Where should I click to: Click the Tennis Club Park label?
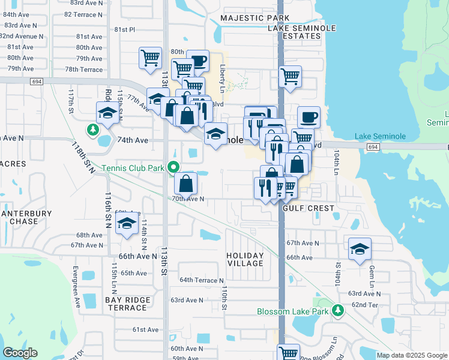(x=132, y=169)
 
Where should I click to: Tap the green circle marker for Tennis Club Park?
(x=173, y=167)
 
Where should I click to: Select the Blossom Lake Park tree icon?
(x=339, y=311)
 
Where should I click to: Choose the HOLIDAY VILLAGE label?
(x=245, y=259)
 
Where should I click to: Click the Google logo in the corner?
(x=20, y=353)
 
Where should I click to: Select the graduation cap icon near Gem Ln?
(x=360, y=248)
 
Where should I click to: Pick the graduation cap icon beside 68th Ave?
(x=127, y=224)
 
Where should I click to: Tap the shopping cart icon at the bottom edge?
(x=289, y=353)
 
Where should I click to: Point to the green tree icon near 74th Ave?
(x=93, y=129)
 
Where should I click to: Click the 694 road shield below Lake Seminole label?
(x=372, y=147)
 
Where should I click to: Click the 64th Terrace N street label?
(x=201, y=280)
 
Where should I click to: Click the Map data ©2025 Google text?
(x=412, y=355)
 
